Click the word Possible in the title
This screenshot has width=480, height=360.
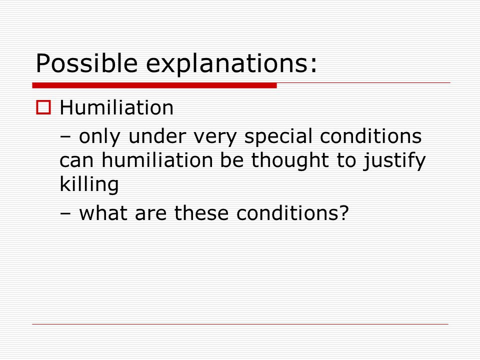click(x=86, y=63)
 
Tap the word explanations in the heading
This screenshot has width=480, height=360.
click(x=227, y=64)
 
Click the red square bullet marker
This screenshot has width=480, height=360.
click(x=43, y=107)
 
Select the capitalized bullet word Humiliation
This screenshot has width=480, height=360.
click(x=116, y=107)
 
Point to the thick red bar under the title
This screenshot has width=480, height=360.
click(x=154, y=85)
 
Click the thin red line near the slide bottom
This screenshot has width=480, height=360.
click(x=240, y=324)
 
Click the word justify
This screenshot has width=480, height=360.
click(x=394, y=161)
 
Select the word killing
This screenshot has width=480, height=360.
click(x=89, y=185)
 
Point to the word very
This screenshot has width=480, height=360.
click(x=215, y=138)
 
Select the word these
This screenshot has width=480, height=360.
click(x=201, y=213)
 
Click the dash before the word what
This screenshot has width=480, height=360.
click(x=65, y=214)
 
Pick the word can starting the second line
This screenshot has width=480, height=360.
click(x=76, y=162)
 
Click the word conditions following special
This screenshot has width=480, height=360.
click(x=370, y=136)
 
